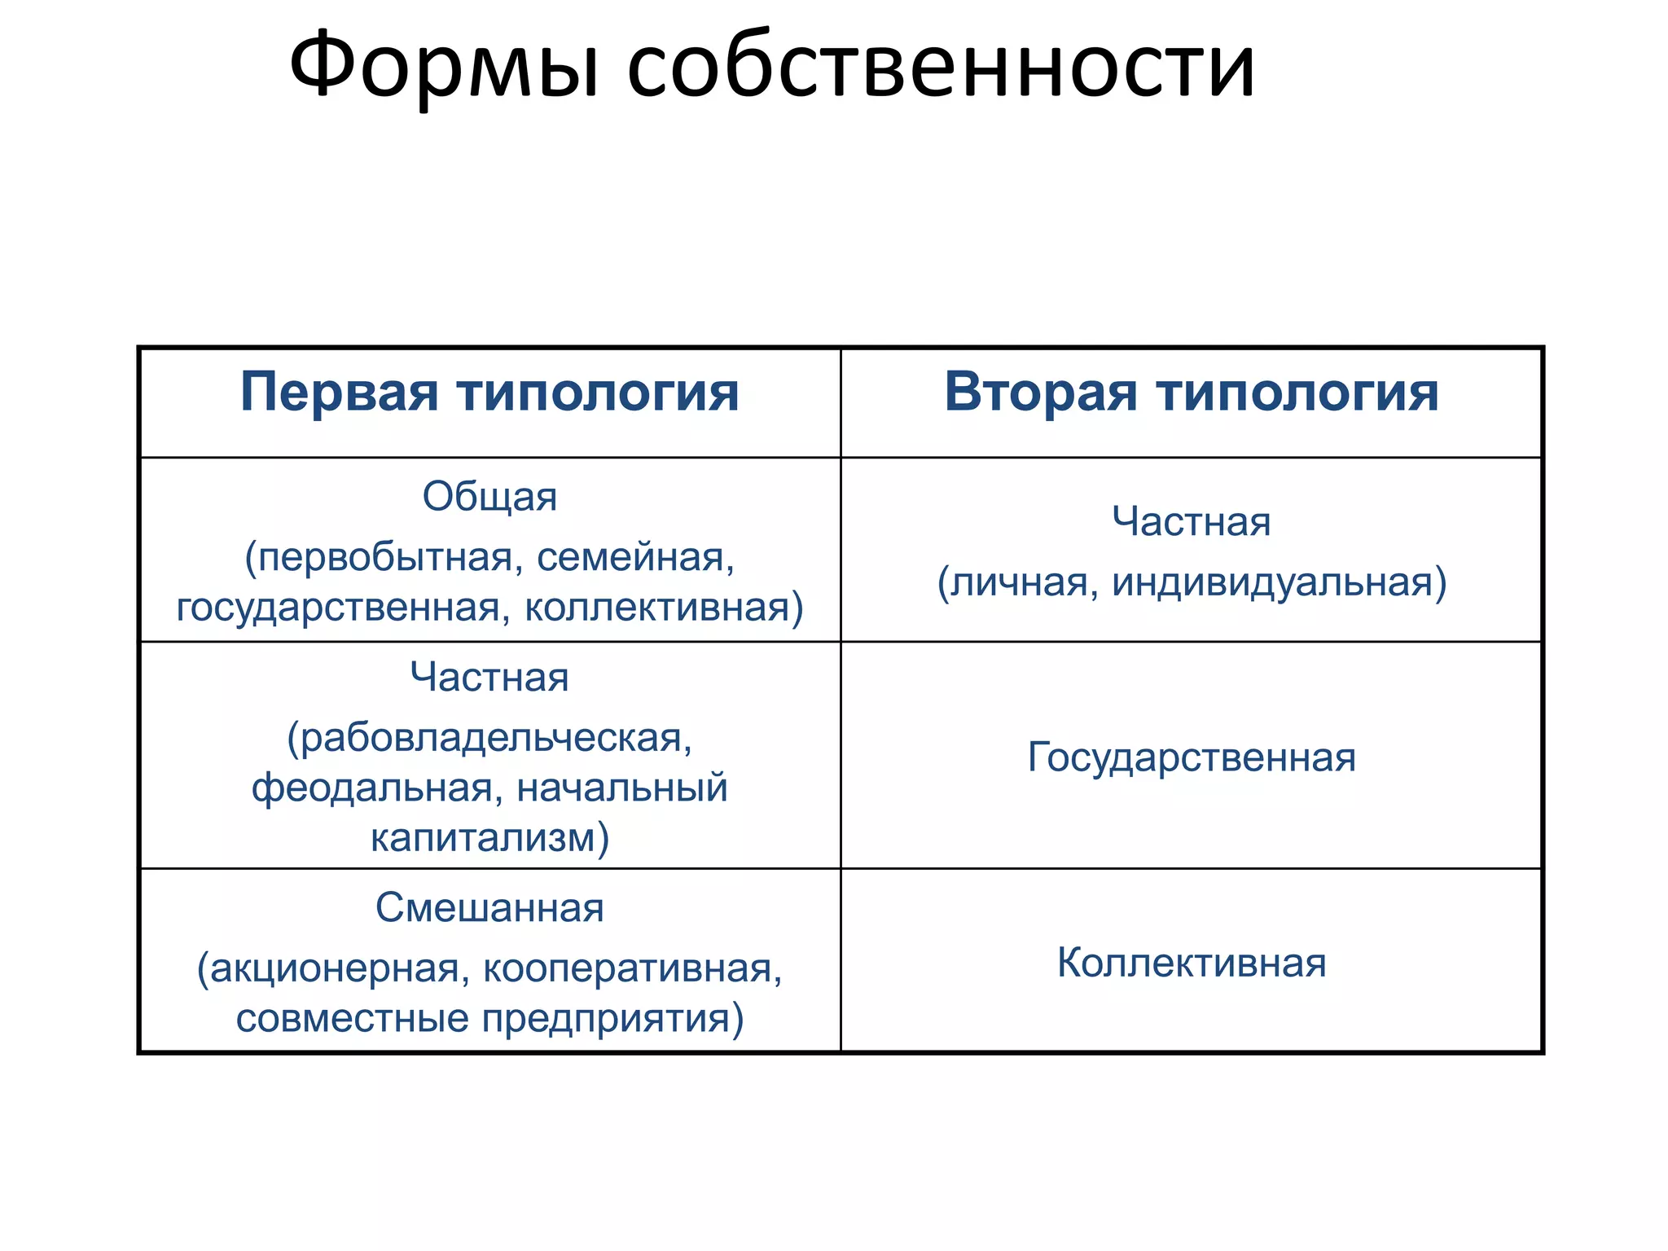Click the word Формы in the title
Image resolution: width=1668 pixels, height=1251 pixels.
point(445,67)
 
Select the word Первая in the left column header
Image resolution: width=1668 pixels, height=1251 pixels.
point(339,393)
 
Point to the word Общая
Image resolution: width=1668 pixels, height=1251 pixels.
point(489,496)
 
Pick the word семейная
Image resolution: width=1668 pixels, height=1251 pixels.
point(635,558)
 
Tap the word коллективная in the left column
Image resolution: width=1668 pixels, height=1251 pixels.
point(663,608)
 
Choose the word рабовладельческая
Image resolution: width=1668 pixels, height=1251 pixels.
point(489,738)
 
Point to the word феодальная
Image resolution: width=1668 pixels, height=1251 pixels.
point(373,788)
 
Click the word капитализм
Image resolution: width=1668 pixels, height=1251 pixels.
point(489,838)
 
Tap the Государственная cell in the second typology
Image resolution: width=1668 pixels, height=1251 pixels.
point(1192,757)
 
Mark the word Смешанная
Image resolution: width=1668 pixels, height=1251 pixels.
point(489,907)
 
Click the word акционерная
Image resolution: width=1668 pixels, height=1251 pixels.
point(334,968)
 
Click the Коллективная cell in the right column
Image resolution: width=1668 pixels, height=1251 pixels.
point(1192,963)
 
